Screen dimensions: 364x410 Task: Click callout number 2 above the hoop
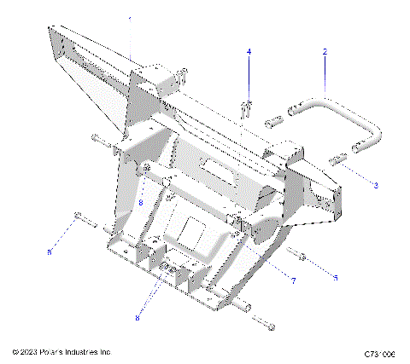coord(325,52)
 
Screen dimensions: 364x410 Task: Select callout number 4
coord(249,52)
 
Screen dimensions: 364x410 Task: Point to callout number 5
coord(336,278)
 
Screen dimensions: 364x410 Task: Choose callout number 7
coord(293,280)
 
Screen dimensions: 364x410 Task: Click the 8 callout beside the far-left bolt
coord(50,251)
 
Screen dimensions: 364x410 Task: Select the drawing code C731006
coord(380,352)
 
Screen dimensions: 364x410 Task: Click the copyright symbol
coord(15,351)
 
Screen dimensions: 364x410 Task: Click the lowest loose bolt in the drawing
coord(266,325)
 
